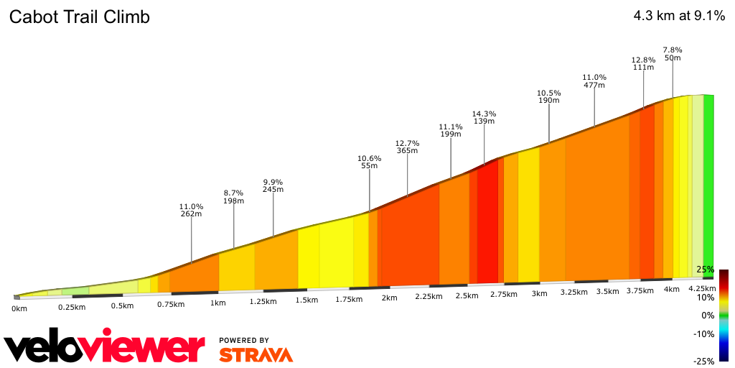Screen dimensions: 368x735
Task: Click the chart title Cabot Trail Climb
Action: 79,17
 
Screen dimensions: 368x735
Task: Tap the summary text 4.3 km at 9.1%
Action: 679,17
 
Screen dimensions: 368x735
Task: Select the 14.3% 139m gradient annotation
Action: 484,117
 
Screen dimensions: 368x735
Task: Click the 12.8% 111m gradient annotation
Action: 643,63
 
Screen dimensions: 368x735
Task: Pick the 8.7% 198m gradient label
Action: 233,197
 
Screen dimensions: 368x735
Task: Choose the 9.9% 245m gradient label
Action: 273,185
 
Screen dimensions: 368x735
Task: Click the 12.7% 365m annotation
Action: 407,146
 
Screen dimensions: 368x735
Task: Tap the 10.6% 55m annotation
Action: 369,162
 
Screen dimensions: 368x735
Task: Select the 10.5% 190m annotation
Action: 549,96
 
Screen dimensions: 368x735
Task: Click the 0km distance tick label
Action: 19,308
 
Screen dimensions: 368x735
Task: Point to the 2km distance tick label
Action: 390,298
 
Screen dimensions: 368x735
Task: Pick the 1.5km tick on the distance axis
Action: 306,300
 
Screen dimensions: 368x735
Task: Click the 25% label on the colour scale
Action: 705,270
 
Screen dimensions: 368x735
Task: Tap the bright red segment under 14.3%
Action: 488,223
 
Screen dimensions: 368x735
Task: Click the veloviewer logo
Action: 104,348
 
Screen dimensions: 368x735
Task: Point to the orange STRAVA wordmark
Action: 256,354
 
